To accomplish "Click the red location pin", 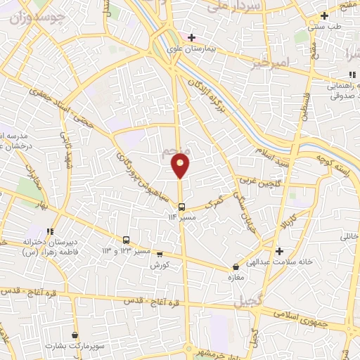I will pyautogui.click(x=181, y=166).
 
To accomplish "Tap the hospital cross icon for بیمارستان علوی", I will pyautogui.click(x=191, y=37).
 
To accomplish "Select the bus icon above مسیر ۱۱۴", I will pyautogui.click(x=182, y=207).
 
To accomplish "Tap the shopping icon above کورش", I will pyautogui.click(x=160, y=255).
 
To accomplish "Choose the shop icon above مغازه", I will pyautogui.click(x=236, y=267).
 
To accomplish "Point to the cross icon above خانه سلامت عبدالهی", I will pyautogui.click(x=279, y=251).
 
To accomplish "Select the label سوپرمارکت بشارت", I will pyautogui.click(x=75, y=347).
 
